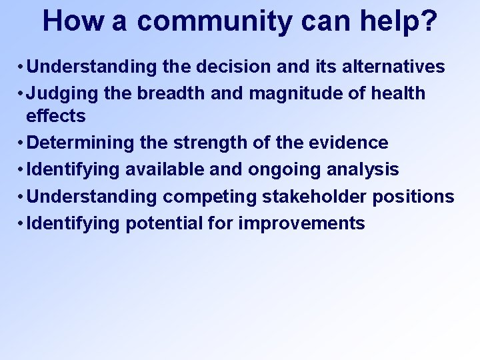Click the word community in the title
[x=214, y=21]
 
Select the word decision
[x=240, y=67]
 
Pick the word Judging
[x=65, y=93]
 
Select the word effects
[x=56, y=116]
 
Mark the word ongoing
[x=285, y=170]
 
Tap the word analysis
[x=363, y=170]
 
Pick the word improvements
[x=302, y=223]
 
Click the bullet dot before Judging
[x=22, y=93]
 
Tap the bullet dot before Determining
[x=22, y=143]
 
